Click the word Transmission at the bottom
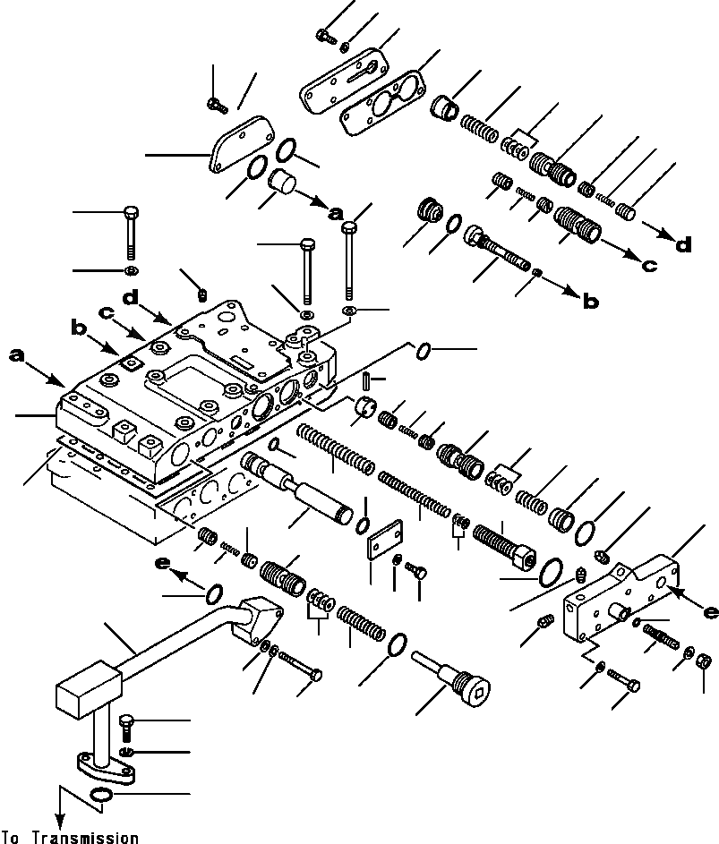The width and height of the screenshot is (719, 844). tap(87, 838)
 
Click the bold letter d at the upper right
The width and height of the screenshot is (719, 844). tap(683, 243)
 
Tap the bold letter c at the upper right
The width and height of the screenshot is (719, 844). tap(648, 265)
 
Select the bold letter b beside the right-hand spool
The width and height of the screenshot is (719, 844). tap(590, 302)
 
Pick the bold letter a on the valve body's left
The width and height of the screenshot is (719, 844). tap(16, 355)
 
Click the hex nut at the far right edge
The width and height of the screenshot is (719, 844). tap(704, 663)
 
